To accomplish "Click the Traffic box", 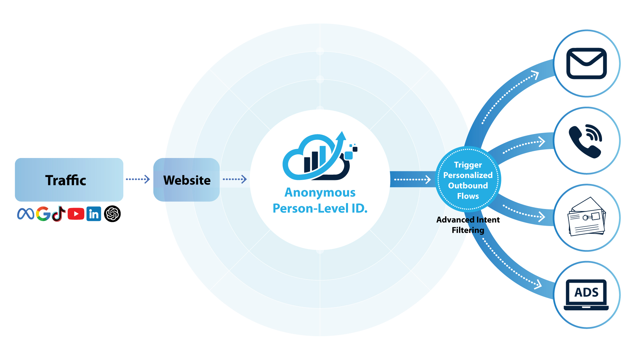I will pos(69,180).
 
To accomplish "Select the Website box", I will pos(186,180).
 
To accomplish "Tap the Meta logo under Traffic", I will pos(26,214).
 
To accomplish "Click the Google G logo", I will pos(43,214).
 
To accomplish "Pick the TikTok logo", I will pos(59,214).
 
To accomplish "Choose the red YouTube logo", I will pos(76,214).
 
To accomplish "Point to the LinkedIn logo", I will pos(94,214).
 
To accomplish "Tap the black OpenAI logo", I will pos(112,214).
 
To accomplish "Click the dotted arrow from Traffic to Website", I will pos(138,179).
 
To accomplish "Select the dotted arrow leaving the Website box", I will pos(235,179).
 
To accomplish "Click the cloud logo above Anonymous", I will pos(319,157).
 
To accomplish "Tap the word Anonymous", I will pos(320,192).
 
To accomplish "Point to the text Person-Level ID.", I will pos(320,208).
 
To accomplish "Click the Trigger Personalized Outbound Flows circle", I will pos(468,180).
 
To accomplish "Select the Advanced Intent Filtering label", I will pos(468,225).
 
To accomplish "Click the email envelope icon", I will pos(587,63).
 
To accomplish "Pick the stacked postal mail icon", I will pos(587,217).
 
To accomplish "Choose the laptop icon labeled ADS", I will pos(586,295).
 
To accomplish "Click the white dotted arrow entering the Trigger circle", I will pos(412,180).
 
